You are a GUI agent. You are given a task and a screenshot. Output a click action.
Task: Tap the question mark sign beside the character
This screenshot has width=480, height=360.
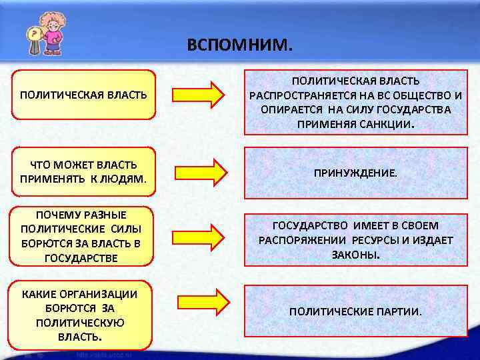pyautogui.click(x=31, y=34)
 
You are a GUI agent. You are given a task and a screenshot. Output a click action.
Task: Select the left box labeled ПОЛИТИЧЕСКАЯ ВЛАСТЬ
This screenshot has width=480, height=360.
pyautogui.click(x=83, y=95)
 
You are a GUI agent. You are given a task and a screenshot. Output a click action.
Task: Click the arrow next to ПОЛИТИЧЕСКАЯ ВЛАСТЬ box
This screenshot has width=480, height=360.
pyautogui.click(x=199, y=95)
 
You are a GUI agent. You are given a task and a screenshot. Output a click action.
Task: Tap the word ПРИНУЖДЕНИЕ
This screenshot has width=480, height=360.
pyautogui.click(x=355, y=173)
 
